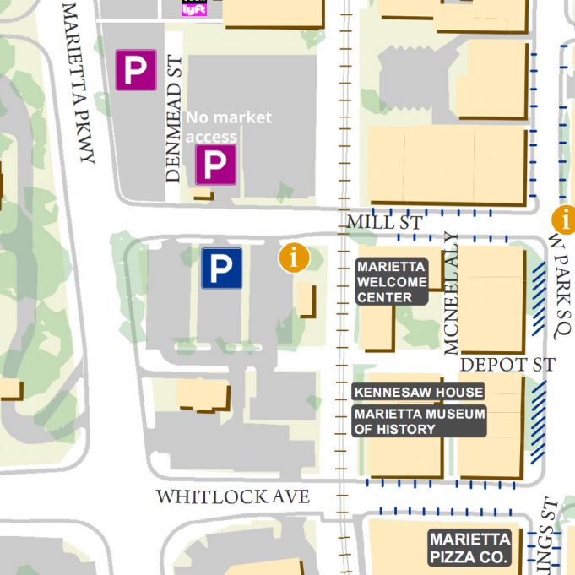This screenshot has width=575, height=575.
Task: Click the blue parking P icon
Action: point(221,268)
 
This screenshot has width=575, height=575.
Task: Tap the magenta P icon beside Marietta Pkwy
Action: point(136,70)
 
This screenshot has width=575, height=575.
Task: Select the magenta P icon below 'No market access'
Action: point(215,165)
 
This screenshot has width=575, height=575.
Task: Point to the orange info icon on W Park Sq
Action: point(564,220)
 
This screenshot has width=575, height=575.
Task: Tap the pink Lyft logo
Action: point(189,8)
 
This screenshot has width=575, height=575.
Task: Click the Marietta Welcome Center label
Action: point(391,282)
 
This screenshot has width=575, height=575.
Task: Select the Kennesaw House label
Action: point(418,393)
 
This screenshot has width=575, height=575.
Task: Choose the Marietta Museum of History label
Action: point(419,421)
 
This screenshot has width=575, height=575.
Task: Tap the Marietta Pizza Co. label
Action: point(469,548)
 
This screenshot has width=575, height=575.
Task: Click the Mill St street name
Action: point(384,223)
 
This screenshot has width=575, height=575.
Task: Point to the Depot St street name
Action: point(507,365)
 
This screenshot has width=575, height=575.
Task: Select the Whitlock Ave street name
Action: point(232,497)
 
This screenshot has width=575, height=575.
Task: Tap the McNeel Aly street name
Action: point(452,293)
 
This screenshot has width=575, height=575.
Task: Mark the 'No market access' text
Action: point(228,127)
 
